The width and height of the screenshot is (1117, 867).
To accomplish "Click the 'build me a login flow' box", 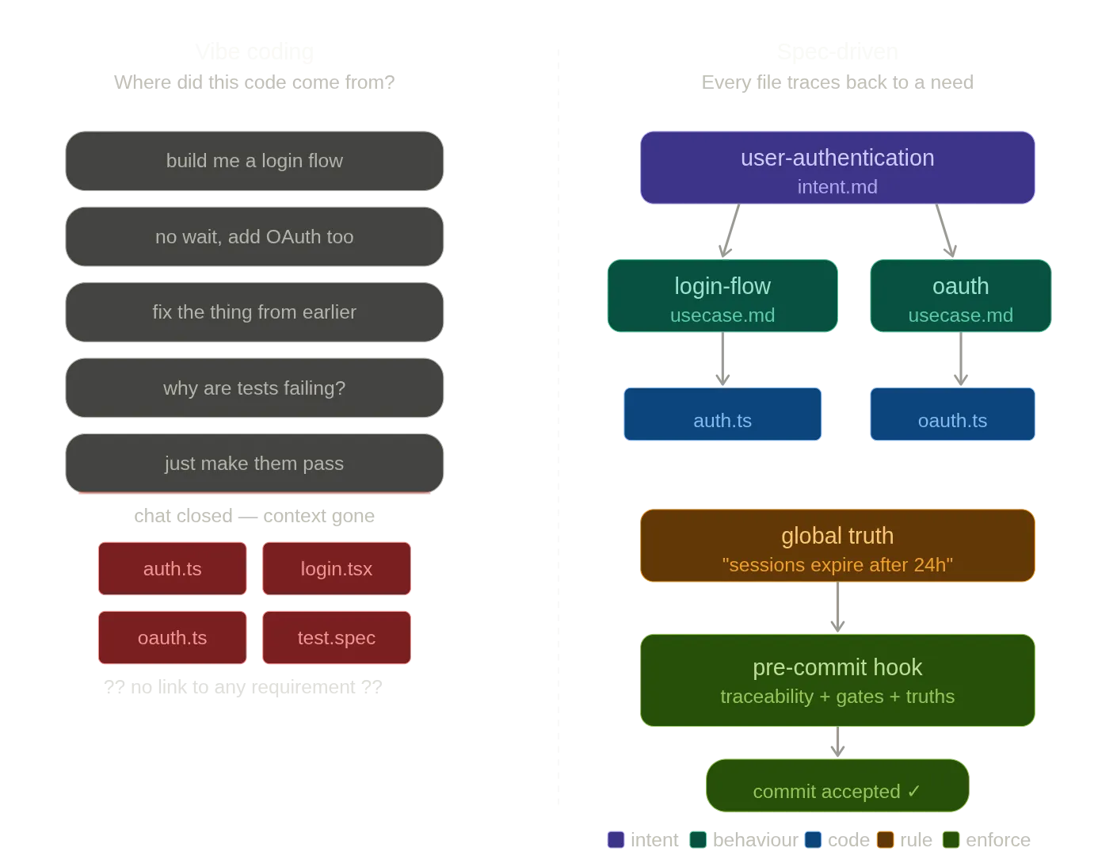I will (x=254, y=161).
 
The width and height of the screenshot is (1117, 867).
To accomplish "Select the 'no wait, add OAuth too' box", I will (x=254, y=237).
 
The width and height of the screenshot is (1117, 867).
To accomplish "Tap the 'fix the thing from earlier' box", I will (x=254, y=312).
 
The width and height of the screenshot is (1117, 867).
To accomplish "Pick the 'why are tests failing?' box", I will (x=254, y=388).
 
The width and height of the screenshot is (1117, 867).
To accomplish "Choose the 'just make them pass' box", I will (x=254, y=464).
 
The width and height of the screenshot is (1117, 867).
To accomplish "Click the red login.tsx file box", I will (x=336, y=568).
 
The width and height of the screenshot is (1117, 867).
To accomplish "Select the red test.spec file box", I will (x=336, y=637).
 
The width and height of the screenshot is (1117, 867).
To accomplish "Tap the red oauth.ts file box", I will (x=172, y=637).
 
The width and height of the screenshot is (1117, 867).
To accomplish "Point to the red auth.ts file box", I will (x=172, y=568).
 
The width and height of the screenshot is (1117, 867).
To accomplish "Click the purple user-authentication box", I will (x=837, y=168).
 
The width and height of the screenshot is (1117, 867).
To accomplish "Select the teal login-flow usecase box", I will (x=722, y=296).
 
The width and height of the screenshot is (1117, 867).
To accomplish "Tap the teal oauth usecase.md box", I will (x=960, y=296).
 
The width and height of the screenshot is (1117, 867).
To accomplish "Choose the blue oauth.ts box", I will (x=952, y=414).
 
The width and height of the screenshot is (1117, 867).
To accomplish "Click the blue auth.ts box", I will (x=722, y=414).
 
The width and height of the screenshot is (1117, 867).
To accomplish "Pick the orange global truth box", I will (x=837, y=546).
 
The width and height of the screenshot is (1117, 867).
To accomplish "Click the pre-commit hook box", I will (x=837, y=680).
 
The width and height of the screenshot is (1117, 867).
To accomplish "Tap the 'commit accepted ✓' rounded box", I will (x=837, y=786).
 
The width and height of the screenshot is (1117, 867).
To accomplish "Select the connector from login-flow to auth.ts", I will (x=722, y=359).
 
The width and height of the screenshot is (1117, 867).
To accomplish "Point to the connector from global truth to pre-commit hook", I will (x=837, y=608).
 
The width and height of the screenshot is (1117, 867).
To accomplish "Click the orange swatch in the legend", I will (x=885, y=840).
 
